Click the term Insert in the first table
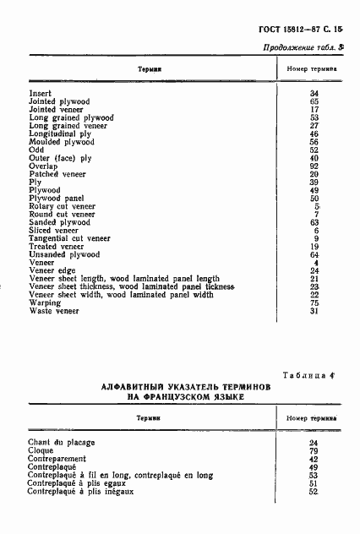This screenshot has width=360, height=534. [41, 93]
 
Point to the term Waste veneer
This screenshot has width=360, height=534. [54, 310]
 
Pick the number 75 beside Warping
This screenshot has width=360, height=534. [314, 302]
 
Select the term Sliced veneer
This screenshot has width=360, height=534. [53, 230]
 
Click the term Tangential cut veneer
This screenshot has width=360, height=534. [69, 238]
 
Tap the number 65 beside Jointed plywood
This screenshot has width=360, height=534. [314, 101]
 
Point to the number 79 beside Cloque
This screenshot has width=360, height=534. [314, 450]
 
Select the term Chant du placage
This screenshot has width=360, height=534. [62, 442]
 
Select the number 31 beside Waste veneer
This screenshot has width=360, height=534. [314, 310]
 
